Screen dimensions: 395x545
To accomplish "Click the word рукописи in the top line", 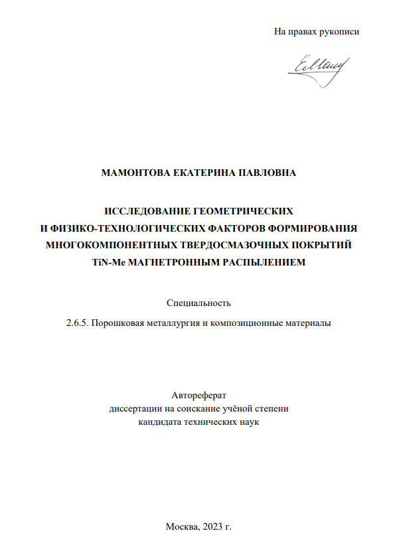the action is pyautogui.click(x=338, y=31).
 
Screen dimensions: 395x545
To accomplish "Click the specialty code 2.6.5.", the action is pyautogui.click(x=77, y=324).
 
